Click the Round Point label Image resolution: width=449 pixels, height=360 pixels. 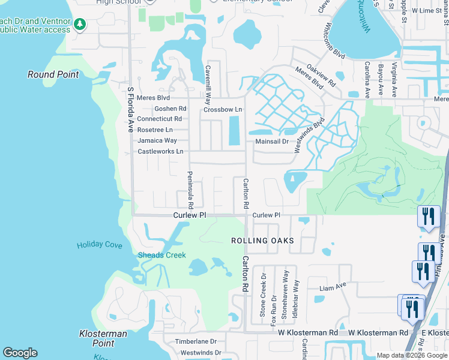tap(53, 74)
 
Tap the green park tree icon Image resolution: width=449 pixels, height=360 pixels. tap(80, 25)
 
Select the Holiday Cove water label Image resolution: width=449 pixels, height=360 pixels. tap(99, 245)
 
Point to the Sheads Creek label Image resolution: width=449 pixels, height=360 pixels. tap(162, 255)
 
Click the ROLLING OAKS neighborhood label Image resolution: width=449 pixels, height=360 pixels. tap(263, 241)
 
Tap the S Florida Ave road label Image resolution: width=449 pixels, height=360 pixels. tap(130, 110)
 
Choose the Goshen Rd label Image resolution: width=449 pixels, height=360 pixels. tap(170, 109)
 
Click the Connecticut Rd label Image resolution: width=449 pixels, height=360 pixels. tap(160, 119)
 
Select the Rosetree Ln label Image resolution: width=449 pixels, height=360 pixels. tap(155, 130)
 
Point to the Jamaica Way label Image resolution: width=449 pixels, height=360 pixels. tap(157, 140)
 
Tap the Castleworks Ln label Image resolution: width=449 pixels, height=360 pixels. tap(160, 151)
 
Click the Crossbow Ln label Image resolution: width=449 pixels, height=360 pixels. tap(223, 110)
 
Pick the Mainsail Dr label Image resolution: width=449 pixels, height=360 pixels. tap(272, 142)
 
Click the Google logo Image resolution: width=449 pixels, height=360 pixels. tap(20, 353)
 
